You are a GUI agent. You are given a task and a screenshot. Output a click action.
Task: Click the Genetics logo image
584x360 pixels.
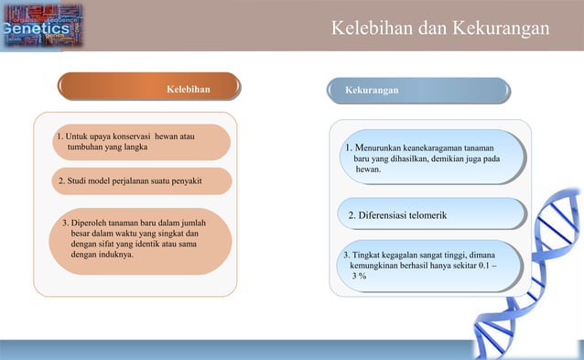click(x=40, y=27)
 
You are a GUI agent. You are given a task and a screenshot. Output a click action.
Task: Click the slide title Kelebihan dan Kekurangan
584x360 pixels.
click(x=440, y=29)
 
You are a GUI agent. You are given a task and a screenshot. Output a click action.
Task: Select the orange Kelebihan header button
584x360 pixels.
click(x=149, y=89)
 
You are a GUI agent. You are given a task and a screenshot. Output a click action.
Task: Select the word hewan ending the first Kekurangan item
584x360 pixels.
click(x=367, y=169)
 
